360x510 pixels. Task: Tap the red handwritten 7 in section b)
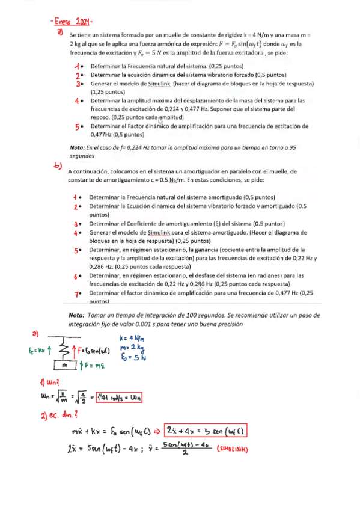click(x=77, y=293)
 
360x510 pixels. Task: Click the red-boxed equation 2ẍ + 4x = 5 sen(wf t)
click(x=209, y=431)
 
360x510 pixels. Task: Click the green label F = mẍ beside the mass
click(x=94, y=365)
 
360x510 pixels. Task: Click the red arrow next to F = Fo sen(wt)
click(x=75, y=349)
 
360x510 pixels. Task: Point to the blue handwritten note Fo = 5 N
click(x=133, y=357)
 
